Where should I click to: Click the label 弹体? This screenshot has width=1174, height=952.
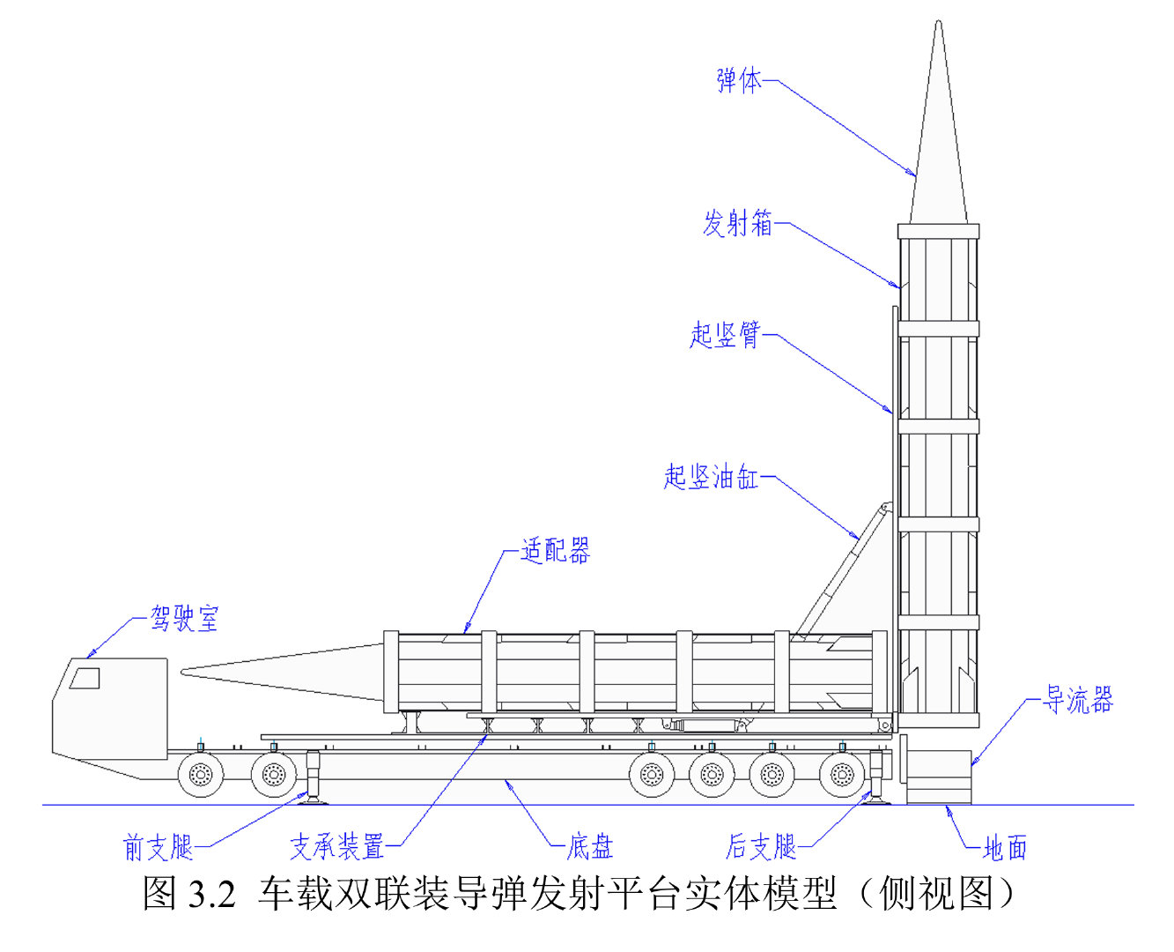tap(739, 80)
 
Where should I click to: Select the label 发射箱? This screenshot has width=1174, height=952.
tap(737, 223)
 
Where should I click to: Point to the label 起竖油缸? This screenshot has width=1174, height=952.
tap(712, 477)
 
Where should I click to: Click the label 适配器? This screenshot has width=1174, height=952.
tap(555, 550)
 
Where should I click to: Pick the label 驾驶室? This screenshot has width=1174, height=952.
tap(185, 618)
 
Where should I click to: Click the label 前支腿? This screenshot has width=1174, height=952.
tap(159, 847)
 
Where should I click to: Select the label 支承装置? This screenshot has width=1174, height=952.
tap(336, 846)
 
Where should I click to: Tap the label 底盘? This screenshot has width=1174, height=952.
tap(590, 846)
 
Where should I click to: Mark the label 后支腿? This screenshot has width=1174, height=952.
tap(761, 846)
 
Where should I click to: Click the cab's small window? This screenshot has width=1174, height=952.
tap(85, 679)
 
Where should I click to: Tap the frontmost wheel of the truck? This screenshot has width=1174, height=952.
tap(201, 775)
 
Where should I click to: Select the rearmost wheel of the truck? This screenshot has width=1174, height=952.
tap(842, 775)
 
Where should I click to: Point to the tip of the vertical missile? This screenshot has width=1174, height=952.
tap(938, 21)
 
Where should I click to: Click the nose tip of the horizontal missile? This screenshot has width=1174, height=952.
tap(181, 671)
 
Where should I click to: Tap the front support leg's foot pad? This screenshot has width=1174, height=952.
tap(313, 802)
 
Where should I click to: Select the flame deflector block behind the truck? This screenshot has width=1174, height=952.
tap(939, 777)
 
